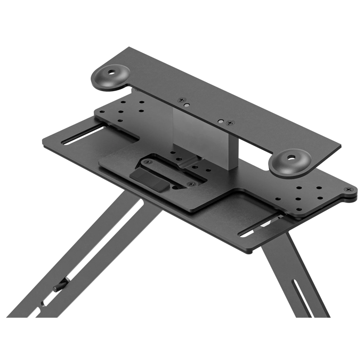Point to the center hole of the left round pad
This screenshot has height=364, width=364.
point(114,71)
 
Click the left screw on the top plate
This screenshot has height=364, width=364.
point(183,100)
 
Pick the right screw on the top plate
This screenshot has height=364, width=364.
point(230,123)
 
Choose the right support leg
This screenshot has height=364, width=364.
point(298,277)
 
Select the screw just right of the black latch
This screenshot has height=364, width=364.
point(190,184)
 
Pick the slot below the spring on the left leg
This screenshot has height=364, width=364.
point(44,302)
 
